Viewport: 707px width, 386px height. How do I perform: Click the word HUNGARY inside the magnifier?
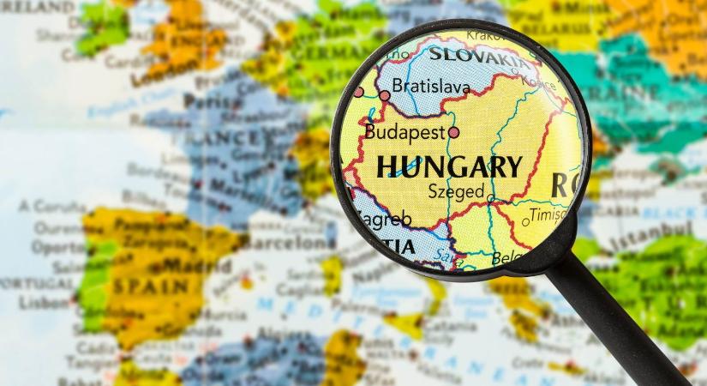click(x=449, y=166)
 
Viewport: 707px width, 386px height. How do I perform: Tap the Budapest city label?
click(x=404, y=132)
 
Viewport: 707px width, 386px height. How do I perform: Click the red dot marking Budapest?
click(x=453, y=132)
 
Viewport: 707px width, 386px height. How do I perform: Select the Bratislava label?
click(x=431, y=87)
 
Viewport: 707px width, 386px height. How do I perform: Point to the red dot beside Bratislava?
click(x=385, y=95)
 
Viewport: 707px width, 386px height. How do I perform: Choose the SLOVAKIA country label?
click(x=479, y=57)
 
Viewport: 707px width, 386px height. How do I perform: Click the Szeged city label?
click(x=456, y=192)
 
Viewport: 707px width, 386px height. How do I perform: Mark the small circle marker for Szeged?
click(x=490, y=198)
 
